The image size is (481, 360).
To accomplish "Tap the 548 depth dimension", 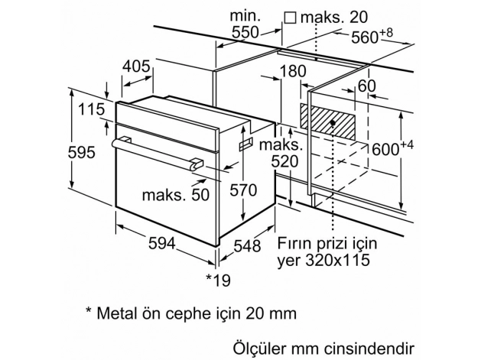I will [x=245, y=246].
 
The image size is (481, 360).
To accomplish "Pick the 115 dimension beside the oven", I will [x=90, y=110].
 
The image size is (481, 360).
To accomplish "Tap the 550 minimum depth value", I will [x=245, y=32].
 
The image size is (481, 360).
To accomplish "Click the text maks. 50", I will [x=175, y=194].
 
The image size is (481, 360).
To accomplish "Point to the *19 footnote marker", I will [x=219, y=280].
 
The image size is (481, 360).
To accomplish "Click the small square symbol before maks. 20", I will [x=290, y=16].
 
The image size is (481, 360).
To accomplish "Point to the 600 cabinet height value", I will [x=385, y=151].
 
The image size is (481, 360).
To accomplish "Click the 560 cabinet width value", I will [x=366, y=37].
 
